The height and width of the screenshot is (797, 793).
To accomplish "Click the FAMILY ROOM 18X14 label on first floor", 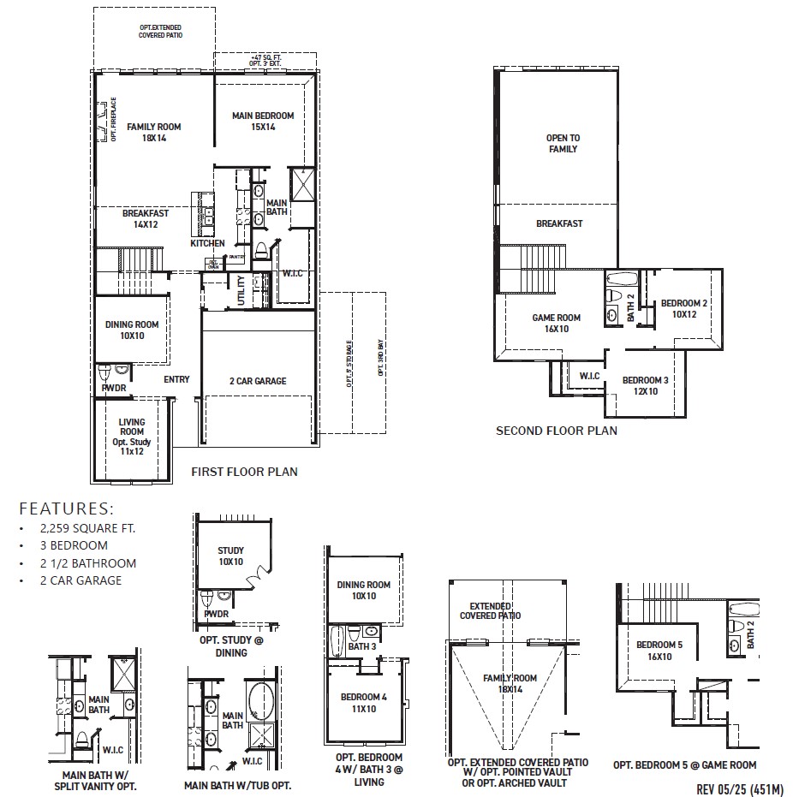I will pyautogui.click(x=154, y=132).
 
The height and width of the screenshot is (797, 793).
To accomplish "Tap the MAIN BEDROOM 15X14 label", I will pyautogui.click(x=263, y=122).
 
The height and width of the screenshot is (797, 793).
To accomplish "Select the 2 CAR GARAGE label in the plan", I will pyautogui.click(x=258, y=381).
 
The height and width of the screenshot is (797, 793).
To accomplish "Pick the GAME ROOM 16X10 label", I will pyautogui.click(x=556, y=323).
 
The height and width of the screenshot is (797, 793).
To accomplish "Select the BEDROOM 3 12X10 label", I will pyautogui.click(x=647, y=385).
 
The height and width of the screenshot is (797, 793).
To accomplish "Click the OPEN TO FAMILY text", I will pyautogui.click(x=562, y=143).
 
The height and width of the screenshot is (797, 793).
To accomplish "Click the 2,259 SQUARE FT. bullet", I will pyautogui.click(x=85, y=528).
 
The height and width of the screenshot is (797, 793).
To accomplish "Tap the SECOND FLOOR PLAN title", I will pyautogui.click(x=556, y=431).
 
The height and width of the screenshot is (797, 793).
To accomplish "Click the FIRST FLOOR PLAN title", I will pyautogui.click(x=244, y=472).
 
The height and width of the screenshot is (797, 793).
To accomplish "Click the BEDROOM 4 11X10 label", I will pyautogui.click(x=364, y=703).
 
